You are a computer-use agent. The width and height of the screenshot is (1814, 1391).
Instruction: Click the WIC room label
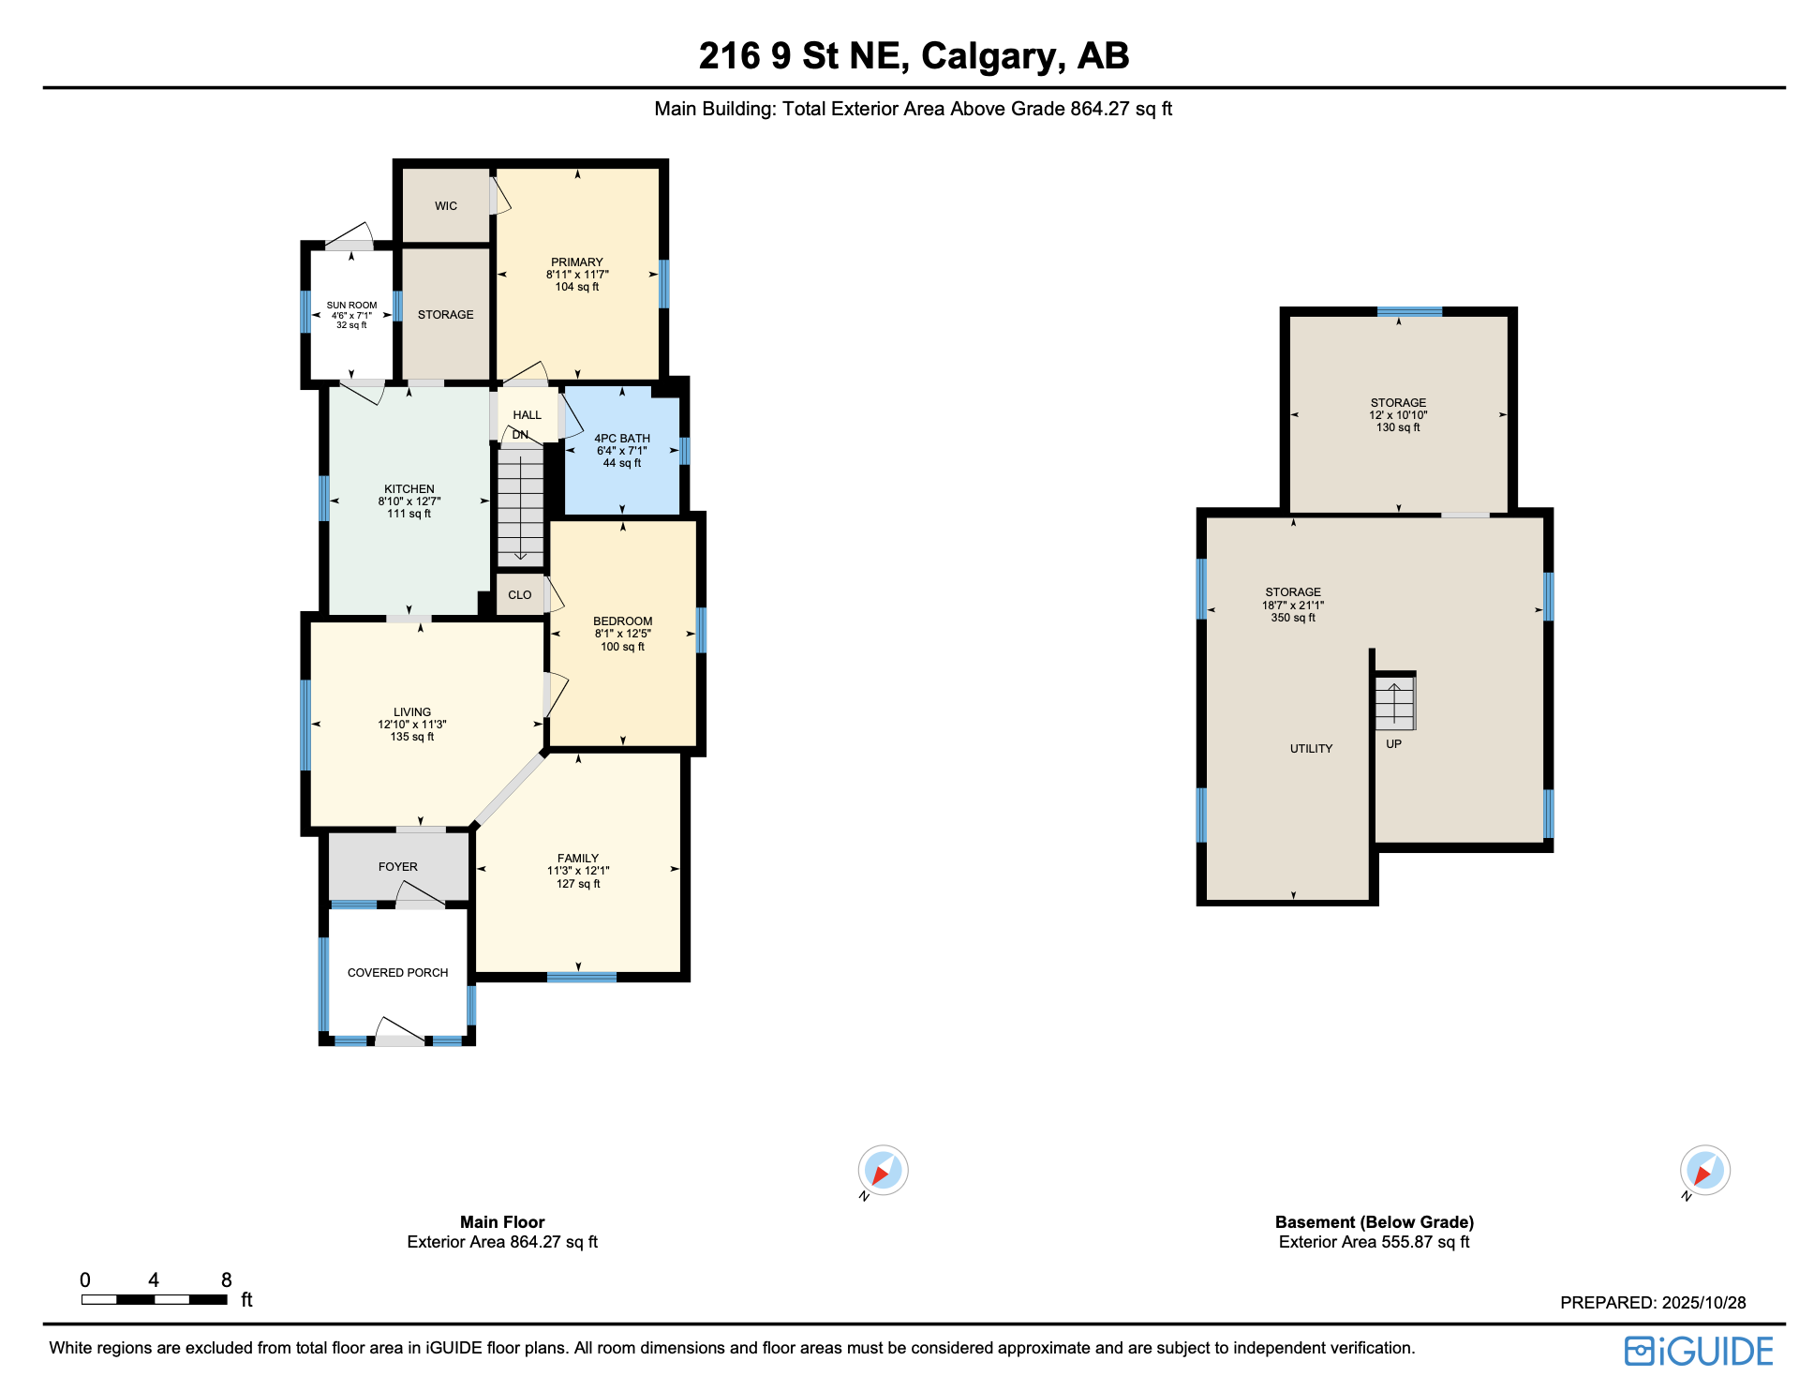point(446,206)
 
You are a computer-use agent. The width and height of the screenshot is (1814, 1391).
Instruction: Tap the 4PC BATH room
point(622,451)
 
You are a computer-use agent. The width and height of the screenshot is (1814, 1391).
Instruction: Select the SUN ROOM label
point(351,306)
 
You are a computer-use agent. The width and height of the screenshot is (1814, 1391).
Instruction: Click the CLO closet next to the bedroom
point(520,595)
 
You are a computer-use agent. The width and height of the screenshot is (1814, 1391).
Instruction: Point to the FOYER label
point(398,867)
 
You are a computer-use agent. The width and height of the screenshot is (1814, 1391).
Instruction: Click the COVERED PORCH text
point(397,973)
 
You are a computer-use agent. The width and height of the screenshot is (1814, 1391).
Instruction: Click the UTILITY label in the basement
point(1311,749)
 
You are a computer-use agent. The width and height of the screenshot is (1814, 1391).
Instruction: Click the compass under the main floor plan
point(883,1170)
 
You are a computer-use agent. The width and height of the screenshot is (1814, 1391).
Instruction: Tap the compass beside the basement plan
point(1704,1170)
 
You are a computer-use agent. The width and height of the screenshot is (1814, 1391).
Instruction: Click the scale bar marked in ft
point(155,1299)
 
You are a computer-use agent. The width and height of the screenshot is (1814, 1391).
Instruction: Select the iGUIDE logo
point(1699,1351)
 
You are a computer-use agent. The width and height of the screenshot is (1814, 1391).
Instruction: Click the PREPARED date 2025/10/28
point(1653,1303)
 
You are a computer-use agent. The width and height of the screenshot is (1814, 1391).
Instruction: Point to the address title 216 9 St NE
point(914,56)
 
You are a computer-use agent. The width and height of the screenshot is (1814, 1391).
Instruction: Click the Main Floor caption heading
point(502,1222)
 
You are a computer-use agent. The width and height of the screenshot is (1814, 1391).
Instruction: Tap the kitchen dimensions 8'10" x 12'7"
point(409,501)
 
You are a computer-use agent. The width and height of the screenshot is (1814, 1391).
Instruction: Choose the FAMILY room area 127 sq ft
point(578,884)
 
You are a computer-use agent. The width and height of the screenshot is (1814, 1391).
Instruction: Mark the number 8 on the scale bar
point(226,1280)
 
